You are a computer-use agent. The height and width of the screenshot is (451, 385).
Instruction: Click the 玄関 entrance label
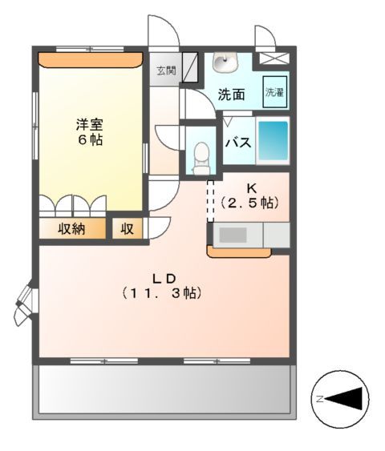click(166, 69)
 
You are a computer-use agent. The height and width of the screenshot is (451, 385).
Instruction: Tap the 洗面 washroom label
click(231, 94)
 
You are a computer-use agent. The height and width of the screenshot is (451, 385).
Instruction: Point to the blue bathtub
click(272, 142)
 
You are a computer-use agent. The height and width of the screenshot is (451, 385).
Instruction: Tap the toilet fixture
click(201, 153)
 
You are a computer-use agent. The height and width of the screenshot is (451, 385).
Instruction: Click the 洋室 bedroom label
click(90, 124)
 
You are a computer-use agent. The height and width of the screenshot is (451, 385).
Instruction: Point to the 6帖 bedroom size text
click(90, 140)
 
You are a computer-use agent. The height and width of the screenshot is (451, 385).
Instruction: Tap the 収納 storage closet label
click(71, 229)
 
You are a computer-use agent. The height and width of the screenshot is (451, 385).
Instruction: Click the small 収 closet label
click(127, 229)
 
